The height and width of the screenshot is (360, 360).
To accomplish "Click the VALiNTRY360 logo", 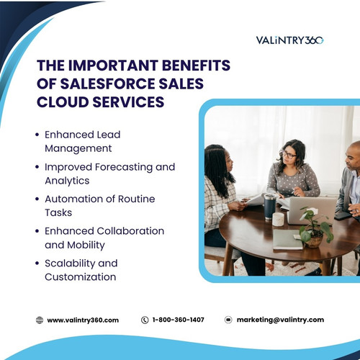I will [290, 40].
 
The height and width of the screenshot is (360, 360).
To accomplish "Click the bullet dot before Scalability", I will [37, 264].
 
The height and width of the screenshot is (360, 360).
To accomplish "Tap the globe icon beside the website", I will [40, 320].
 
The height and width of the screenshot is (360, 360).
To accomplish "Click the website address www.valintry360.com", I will [83, 320].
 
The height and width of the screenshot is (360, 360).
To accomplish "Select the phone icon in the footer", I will [145, 320].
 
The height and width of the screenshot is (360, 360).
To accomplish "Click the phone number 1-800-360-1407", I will [179, 320].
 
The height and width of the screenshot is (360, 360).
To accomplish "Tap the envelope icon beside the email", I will [228, 320].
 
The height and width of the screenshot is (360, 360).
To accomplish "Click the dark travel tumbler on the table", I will [270, 207].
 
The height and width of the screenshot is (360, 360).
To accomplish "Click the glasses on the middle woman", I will [289, 155].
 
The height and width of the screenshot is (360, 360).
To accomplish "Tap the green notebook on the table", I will [287, 239].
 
